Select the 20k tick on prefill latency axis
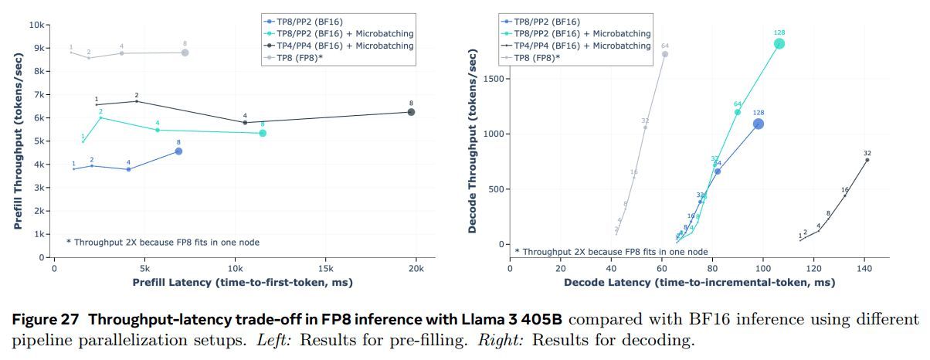coord(416,268)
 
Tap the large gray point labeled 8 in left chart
coord(185,53)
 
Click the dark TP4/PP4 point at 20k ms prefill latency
coord(411,112)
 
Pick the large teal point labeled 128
coord(779,43)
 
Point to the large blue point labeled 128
coord(759,124)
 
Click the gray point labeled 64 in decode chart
coord(665,54)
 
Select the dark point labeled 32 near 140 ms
coord(867,160)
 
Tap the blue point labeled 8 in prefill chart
coord(178,151)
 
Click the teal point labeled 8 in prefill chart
coord(263,133)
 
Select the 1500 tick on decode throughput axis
coord(492,79)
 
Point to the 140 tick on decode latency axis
coord(864,268)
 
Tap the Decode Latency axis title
coord(699,283)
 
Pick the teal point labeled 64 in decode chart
coord(737,112)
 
